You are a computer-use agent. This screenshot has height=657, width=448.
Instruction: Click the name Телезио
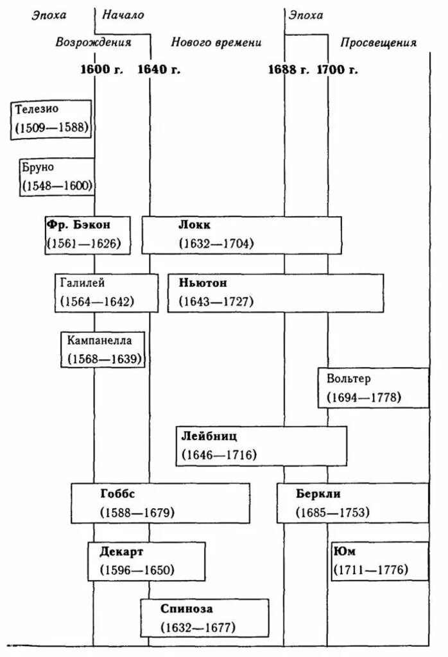coord(40,108)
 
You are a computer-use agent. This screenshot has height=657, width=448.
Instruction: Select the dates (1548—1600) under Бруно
coord(57,185)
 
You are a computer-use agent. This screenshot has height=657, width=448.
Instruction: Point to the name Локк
coord(194,225)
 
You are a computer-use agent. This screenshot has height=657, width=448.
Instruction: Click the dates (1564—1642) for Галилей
coord(97,302)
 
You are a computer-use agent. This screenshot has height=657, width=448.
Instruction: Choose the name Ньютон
coord(202,283)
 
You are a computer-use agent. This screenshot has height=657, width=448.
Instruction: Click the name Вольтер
coord(348,379)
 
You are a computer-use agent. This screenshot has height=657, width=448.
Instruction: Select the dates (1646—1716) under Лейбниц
coord(219,455)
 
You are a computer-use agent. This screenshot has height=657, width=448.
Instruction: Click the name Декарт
coord(122,551)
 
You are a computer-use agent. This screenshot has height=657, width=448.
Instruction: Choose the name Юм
coord(344,551)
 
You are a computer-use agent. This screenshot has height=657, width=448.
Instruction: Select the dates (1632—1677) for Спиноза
coord(198,627)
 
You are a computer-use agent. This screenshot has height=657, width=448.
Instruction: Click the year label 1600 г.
coord(101,69)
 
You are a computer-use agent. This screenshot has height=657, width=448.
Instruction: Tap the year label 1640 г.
coord(159,69)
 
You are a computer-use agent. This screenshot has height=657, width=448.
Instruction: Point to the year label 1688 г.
coord(288,69)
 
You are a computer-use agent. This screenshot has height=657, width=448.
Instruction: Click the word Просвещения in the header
coord(378,43)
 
